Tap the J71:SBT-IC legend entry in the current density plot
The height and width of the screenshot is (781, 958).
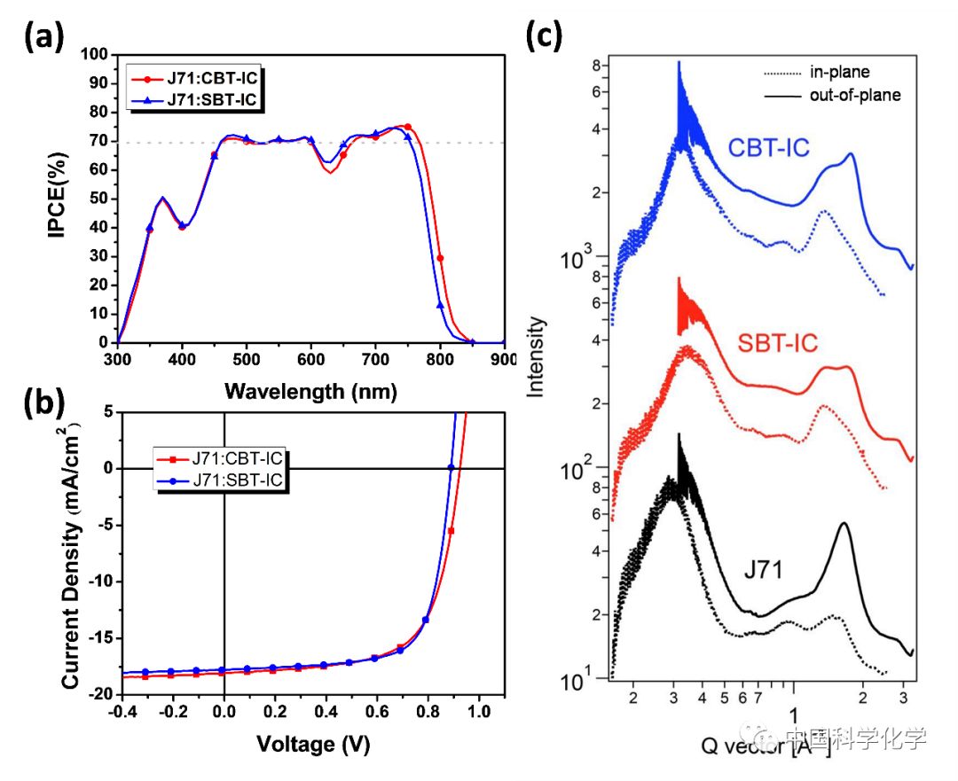(x=240, y=480)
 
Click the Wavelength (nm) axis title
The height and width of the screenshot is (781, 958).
(x=310, y=390)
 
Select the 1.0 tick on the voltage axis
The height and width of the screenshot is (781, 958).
(x=480, y=712)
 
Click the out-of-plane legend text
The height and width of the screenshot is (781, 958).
(x=852, y=94)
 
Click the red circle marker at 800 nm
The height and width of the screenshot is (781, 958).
(x=440, y=258)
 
